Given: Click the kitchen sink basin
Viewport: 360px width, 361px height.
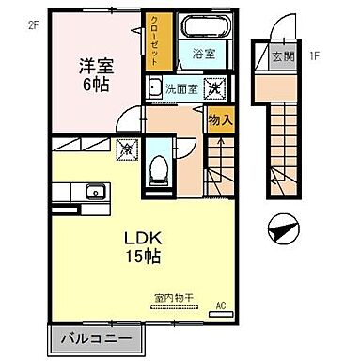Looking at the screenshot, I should coord(94,193).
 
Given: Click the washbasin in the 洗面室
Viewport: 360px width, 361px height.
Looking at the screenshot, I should coord(152,91).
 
